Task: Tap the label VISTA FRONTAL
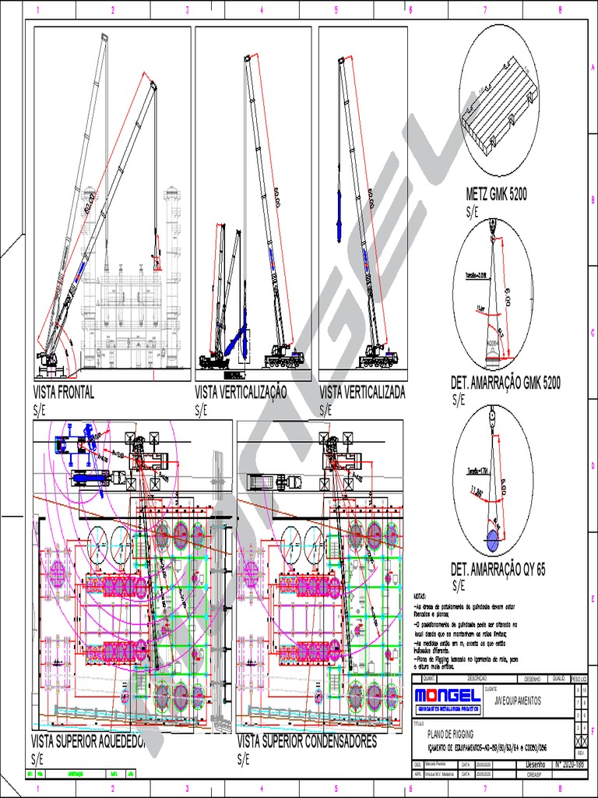tap(63, 393)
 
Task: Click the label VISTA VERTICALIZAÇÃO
tap(241, 393)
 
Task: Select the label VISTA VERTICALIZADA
tap(362, 393)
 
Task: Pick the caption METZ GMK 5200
tap(496, 195)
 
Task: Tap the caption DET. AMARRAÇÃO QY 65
tap(498, 570)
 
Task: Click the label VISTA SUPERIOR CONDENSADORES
tap(307, 741)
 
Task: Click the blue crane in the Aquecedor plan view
tap(74, 445)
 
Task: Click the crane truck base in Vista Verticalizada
tap(378, 359)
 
